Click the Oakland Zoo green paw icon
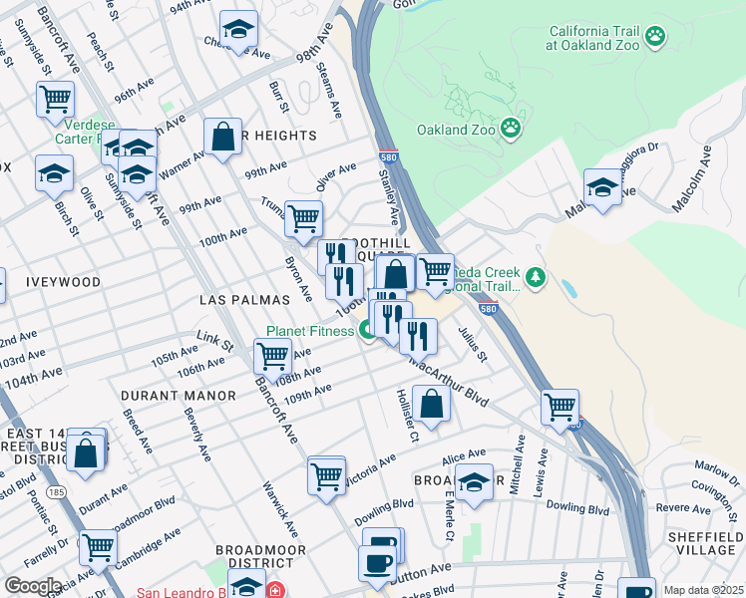coord(511,128)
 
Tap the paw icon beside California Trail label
coord(654,38)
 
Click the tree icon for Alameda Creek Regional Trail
coord(537,276)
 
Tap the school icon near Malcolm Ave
coord(602,188)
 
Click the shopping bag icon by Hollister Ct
coord(431,405)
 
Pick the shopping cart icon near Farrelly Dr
coord(98,546)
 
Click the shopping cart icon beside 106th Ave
coord(271,355)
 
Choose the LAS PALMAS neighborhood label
coord(244,299)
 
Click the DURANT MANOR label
coord(178,396)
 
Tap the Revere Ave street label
coord(684,507)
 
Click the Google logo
coord(33,586)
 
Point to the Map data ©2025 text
coord(703,590)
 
